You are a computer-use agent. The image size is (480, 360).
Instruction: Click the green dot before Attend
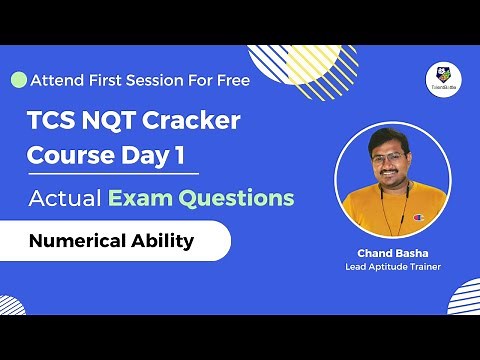[x=18, y=79]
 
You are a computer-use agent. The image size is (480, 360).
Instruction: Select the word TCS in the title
[x=50, y=121]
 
